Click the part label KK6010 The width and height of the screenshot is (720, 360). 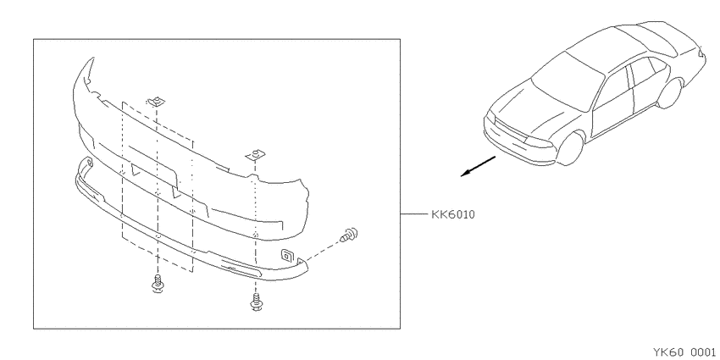point(453,214)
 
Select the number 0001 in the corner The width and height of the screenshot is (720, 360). point(702,352)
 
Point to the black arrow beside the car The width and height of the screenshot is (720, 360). point(478,166)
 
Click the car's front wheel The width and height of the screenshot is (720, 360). point(571,147)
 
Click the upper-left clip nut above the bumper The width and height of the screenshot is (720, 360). point(156,102)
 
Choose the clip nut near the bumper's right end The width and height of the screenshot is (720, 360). point(253,155)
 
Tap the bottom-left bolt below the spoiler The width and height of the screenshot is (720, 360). point(158,284)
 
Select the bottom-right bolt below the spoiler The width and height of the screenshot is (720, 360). point(255,302)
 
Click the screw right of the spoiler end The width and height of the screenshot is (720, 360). point(350,235)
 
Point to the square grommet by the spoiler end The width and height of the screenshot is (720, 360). point(288,254)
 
